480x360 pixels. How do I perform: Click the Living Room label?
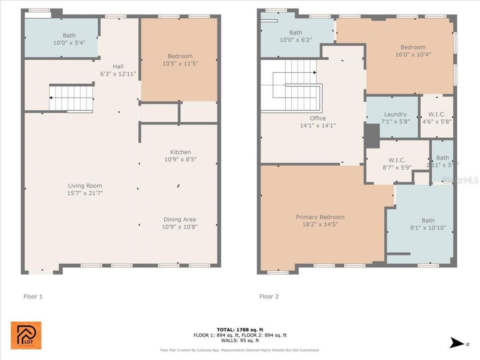pos(85,186)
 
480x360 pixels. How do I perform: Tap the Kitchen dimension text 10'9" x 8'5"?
pos(180,159)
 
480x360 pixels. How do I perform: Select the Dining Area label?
pos(179,220)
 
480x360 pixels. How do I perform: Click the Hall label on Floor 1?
pos(118,67)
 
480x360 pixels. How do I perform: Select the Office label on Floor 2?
pos(318,118)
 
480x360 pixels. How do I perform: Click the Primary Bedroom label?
pos(320,217)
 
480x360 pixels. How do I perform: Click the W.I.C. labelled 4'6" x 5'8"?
pos(437,118)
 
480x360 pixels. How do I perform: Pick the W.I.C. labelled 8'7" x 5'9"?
pos(397,164)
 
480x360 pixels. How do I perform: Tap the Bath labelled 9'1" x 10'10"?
pos(428,224)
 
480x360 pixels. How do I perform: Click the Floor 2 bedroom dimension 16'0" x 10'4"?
pos(413,54)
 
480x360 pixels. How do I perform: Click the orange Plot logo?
pos(26,335)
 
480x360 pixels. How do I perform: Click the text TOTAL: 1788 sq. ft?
pos(240,330)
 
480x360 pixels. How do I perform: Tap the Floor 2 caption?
pos(269,297)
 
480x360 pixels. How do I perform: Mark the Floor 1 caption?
pos(33,297)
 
